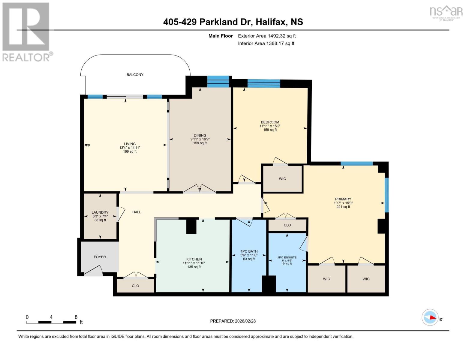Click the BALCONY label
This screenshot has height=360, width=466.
(135, 74)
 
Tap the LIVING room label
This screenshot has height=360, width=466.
(130, 144)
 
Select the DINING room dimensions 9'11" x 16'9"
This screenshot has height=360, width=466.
(200, 139)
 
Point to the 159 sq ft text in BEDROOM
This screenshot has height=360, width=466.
(270, 130)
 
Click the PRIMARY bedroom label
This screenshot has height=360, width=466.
(343, 199)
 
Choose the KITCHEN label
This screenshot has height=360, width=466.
(194, 259)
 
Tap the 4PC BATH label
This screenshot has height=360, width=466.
(249, 251)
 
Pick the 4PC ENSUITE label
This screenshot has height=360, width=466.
(287, 257)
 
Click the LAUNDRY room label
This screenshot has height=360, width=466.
(100, 212)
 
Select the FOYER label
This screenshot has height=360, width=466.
(100, 257)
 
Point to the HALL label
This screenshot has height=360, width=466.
(137, 212)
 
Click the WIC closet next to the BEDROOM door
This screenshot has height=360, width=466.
(282, 179)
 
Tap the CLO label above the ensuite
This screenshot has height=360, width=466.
(287, 225)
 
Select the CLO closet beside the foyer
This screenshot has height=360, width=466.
(135, 286)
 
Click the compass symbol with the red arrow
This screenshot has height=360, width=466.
(430, 317)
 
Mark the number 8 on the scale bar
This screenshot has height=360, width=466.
(76, 317)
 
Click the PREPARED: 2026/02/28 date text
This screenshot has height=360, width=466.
(233, 321)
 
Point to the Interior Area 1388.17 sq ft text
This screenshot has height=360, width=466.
(266, 43)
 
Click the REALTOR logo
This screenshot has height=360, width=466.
(26, 31)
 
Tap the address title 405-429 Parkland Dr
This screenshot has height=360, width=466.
(233, 22)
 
